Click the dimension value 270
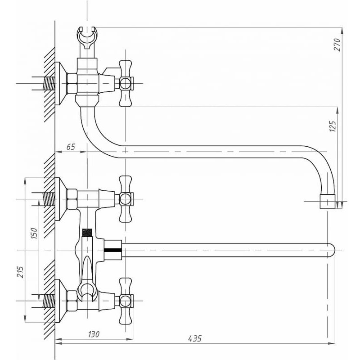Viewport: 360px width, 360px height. pos(337,45)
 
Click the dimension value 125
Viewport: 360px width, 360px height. pos(333,126)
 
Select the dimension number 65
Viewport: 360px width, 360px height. pos(71,147)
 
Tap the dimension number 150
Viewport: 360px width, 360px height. pos(34,233)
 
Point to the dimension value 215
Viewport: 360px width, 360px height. pos(20,272)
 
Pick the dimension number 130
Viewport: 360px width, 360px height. pos(94,334)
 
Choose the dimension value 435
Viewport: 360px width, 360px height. pos(195,339)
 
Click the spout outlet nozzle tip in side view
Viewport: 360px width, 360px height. pos(328,202)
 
